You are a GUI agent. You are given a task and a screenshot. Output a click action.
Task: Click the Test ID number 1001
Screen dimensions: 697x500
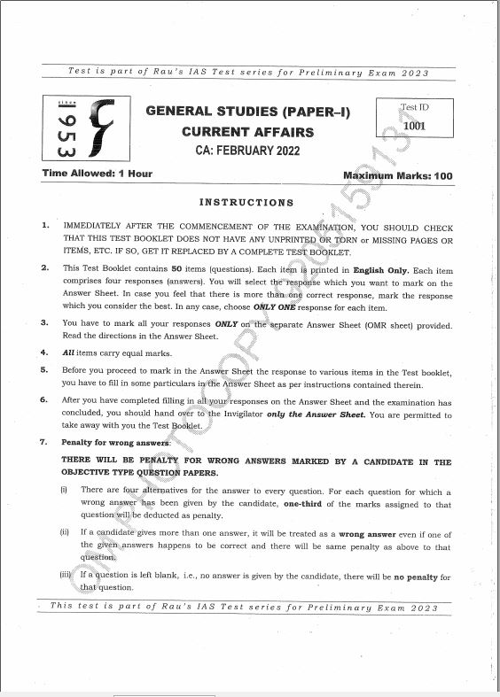pyautogui.click(x=414, y=126)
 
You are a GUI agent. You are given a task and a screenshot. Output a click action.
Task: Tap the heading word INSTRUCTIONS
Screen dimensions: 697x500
pyautogui.click(x=246, y=203)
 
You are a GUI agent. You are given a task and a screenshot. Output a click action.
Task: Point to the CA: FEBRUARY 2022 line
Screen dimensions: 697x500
pyautogui.click(x=247, y=151)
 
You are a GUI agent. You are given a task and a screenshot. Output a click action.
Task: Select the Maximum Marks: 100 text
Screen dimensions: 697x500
pyautogui.click(x=397, y=175)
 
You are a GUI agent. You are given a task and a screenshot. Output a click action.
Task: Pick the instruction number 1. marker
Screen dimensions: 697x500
pyautogui.click(x=45, y=226)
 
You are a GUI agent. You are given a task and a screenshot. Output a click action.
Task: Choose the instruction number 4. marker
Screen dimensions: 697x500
pyautogui.click(x=45, y=352)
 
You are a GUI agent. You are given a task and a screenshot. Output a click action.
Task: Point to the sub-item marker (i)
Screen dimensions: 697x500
pyautogui.click(x=64, y=490)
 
